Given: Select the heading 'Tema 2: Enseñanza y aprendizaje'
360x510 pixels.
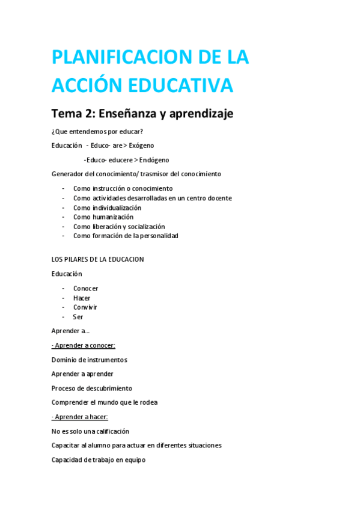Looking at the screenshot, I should pyautogui.click(x=142, y=113).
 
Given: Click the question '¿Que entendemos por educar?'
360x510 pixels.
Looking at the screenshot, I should pyautogui.click(x=97, y=132).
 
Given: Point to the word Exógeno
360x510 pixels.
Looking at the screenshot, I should pyautogui.click(x=141, y=146).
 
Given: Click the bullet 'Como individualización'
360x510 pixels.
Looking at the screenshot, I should pyautogui.click(x=107, y=207).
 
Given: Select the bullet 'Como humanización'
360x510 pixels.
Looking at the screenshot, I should pyautogui.click(x=103, y=217).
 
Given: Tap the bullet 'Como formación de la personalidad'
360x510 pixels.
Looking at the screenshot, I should pyautogui.click(x=125, y=236).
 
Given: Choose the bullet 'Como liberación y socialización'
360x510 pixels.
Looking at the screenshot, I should pyautogui.click(x=118, y=227).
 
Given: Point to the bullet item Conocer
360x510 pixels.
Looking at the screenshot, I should pyautogui.click(x=85, y=289).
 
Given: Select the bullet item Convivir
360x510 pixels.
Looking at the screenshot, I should pyautogui.click(x=85, y=307).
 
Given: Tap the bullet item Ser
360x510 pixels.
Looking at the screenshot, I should pyautogui.click(x=78, y=317).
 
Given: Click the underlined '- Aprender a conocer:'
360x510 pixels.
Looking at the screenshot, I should pyautogui.click(x=84, y=345).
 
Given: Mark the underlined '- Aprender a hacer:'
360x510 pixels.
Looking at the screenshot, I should pyautogui.click(x=80, y=417).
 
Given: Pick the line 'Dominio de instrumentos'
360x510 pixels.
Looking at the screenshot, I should pyautogui.click(x=89, y=360).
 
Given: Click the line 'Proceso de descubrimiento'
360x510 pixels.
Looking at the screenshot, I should pyautogui.click(x=91, y=389).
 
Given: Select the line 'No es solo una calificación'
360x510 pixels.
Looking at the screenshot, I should pyautogui.click(x=90, y=431).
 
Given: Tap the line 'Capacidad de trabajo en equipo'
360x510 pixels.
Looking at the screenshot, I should pyautogui.click(x=99, y=460).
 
